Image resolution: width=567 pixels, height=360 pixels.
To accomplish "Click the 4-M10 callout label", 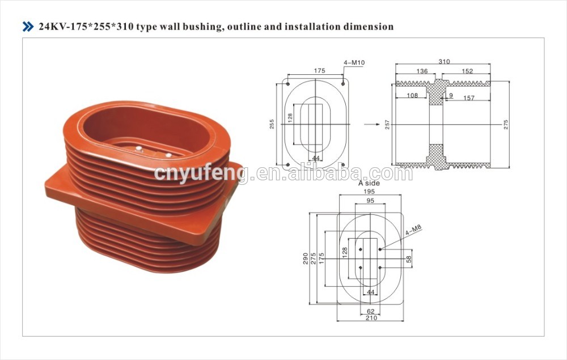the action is point(354,62).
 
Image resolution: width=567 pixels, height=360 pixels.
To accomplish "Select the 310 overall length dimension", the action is point(444,61).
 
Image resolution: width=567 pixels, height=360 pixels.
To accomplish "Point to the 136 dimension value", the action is point(422,71).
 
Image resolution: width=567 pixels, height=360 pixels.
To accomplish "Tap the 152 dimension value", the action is point(467,71).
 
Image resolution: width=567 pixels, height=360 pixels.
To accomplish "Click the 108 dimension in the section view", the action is point(412,95).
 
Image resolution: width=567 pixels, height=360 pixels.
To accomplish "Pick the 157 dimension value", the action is point(469,98).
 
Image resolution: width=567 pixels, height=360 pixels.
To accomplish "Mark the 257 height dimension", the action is point(387,125).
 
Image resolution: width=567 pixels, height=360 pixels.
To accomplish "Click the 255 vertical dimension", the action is point(272,124).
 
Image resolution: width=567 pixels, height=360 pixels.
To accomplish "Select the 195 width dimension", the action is point(369,191).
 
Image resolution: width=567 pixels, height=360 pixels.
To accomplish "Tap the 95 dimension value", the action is point(370,201).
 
